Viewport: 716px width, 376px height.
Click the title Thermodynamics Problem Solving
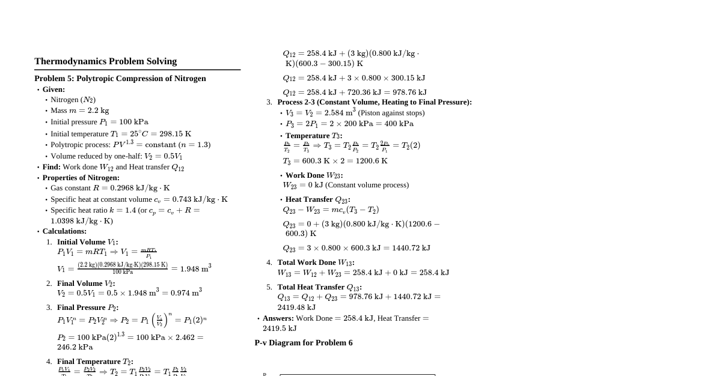(105, 61)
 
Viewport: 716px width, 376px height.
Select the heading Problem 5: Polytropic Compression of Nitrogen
(120, 79)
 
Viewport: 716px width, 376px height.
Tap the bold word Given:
(54, 89)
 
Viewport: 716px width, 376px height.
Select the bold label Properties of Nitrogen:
(81, 178)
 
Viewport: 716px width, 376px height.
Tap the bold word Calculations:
(64, 231)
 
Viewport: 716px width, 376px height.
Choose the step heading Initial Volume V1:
(87, 242)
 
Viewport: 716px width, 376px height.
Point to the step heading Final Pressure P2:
(88, 308)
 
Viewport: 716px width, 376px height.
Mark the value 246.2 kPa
(75, 347)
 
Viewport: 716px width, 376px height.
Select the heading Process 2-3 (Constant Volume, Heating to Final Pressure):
(374, 102)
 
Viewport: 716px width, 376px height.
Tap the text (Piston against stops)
(391, 113)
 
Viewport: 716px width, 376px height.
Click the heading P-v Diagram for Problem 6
(303, 343)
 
